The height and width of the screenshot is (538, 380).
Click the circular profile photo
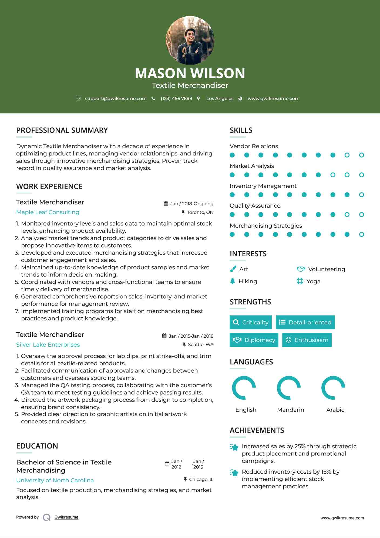(190, 41)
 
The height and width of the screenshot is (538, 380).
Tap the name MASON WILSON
(190, 73)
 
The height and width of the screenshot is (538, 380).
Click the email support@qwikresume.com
(116, 99)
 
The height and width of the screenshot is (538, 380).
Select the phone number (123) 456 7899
(176, 99)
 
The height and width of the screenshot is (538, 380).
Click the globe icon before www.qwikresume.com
(240, 99)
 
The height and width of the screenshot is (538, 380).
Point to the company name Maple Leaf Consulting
(48, 212)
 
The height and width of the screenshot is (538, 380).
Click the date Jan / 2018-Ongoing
(191, 204)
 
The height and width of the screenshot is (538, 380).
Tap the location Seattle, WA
(200, 345)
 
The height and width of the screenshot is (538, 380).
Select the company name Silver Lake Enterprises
(48, 345)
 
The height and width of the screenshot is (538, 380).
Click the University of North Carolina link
(55, 480)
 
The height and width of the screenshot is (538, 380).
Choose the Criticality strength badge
(251, 322)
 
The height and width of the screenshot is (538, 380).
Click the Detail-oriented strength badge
(305, 322)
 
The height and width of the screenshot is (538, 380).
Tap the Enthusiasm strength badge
(307, 340)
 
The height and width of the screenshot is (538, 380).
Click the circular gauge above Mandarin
(289, 388)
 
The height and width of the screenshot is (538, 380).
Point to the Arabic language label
(335, 410)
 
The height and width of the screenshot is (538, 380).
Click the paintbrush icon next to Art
(233, 269)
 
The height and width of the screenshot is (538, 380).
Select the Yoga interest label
(313, 281)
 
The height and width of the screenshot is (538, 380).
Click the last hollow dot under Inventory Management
(361, 195)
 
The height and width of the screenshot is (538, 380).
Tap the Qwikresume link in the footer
(66, 517)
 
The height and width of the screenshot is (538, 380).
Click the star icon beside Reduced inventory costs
(234, 473)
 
